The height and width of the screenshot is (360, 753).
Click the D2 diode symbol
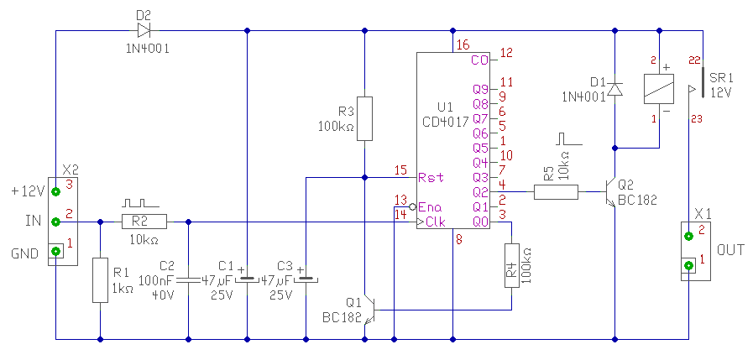point(144,32)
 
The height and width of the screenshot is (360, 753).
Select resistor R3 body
point(365,118)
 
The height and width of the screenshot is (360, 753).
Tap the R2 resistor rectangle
point(144,222)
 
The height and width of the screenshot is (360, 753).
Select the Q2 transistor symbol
point(610,192)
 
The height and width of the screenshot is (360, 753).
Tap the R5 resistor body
point(556,192)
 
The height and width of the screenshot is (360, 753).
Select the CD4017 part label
point(447,122)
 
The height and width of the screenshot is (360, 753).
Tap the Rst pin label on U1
point(431,177)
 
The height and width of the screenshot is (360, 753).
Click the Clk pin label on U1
point(436,222)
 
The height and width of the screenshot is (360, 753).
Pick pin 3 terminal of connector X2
point(56,191)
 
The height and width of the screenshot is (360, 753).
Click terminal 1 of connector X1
point(689,266)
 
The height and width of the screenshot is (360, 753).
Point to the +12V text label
point(28,191)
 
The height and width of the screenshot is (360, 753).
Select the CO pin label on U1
point(479,60)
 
